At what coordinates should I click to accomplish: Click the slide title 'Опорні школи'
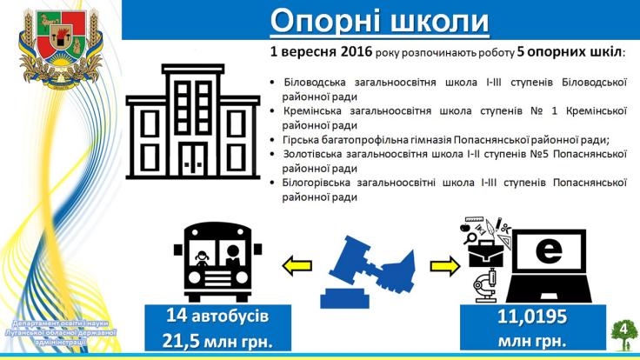click(380, 20)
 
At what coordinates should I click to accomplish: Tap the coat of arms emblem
click(61, 47)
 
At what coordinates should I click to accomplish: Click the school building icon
click(193, 122)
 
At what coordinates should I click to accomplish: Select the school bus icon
click(217, 262)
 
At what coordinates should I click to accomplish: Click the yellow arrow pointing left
click(297, 266)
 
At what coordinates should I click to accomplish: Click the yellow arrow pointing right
click(445, 266)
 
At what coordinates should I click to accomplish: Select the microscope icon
click(486, 285)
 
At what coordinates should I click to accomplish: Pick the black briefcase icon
click(485, 254)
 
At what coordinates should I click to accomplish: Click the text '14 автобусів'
click(217, 317)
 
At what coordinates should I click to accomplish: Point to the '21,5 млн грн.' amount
click(217, 341)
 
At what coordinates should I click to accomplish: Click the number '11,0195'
click(532, 317)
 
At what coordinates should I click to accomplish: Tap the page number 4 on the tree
click(623, 329)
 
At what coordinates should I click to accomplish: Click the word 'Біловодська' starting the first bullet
click(315, 83)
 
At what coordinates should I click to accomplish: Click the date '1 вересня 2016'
click(321, 52)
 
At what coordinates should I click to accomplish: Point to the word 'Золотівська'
click(310, 154)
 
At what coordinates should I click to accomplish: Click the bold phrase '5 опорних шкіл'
click(570, 52)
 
